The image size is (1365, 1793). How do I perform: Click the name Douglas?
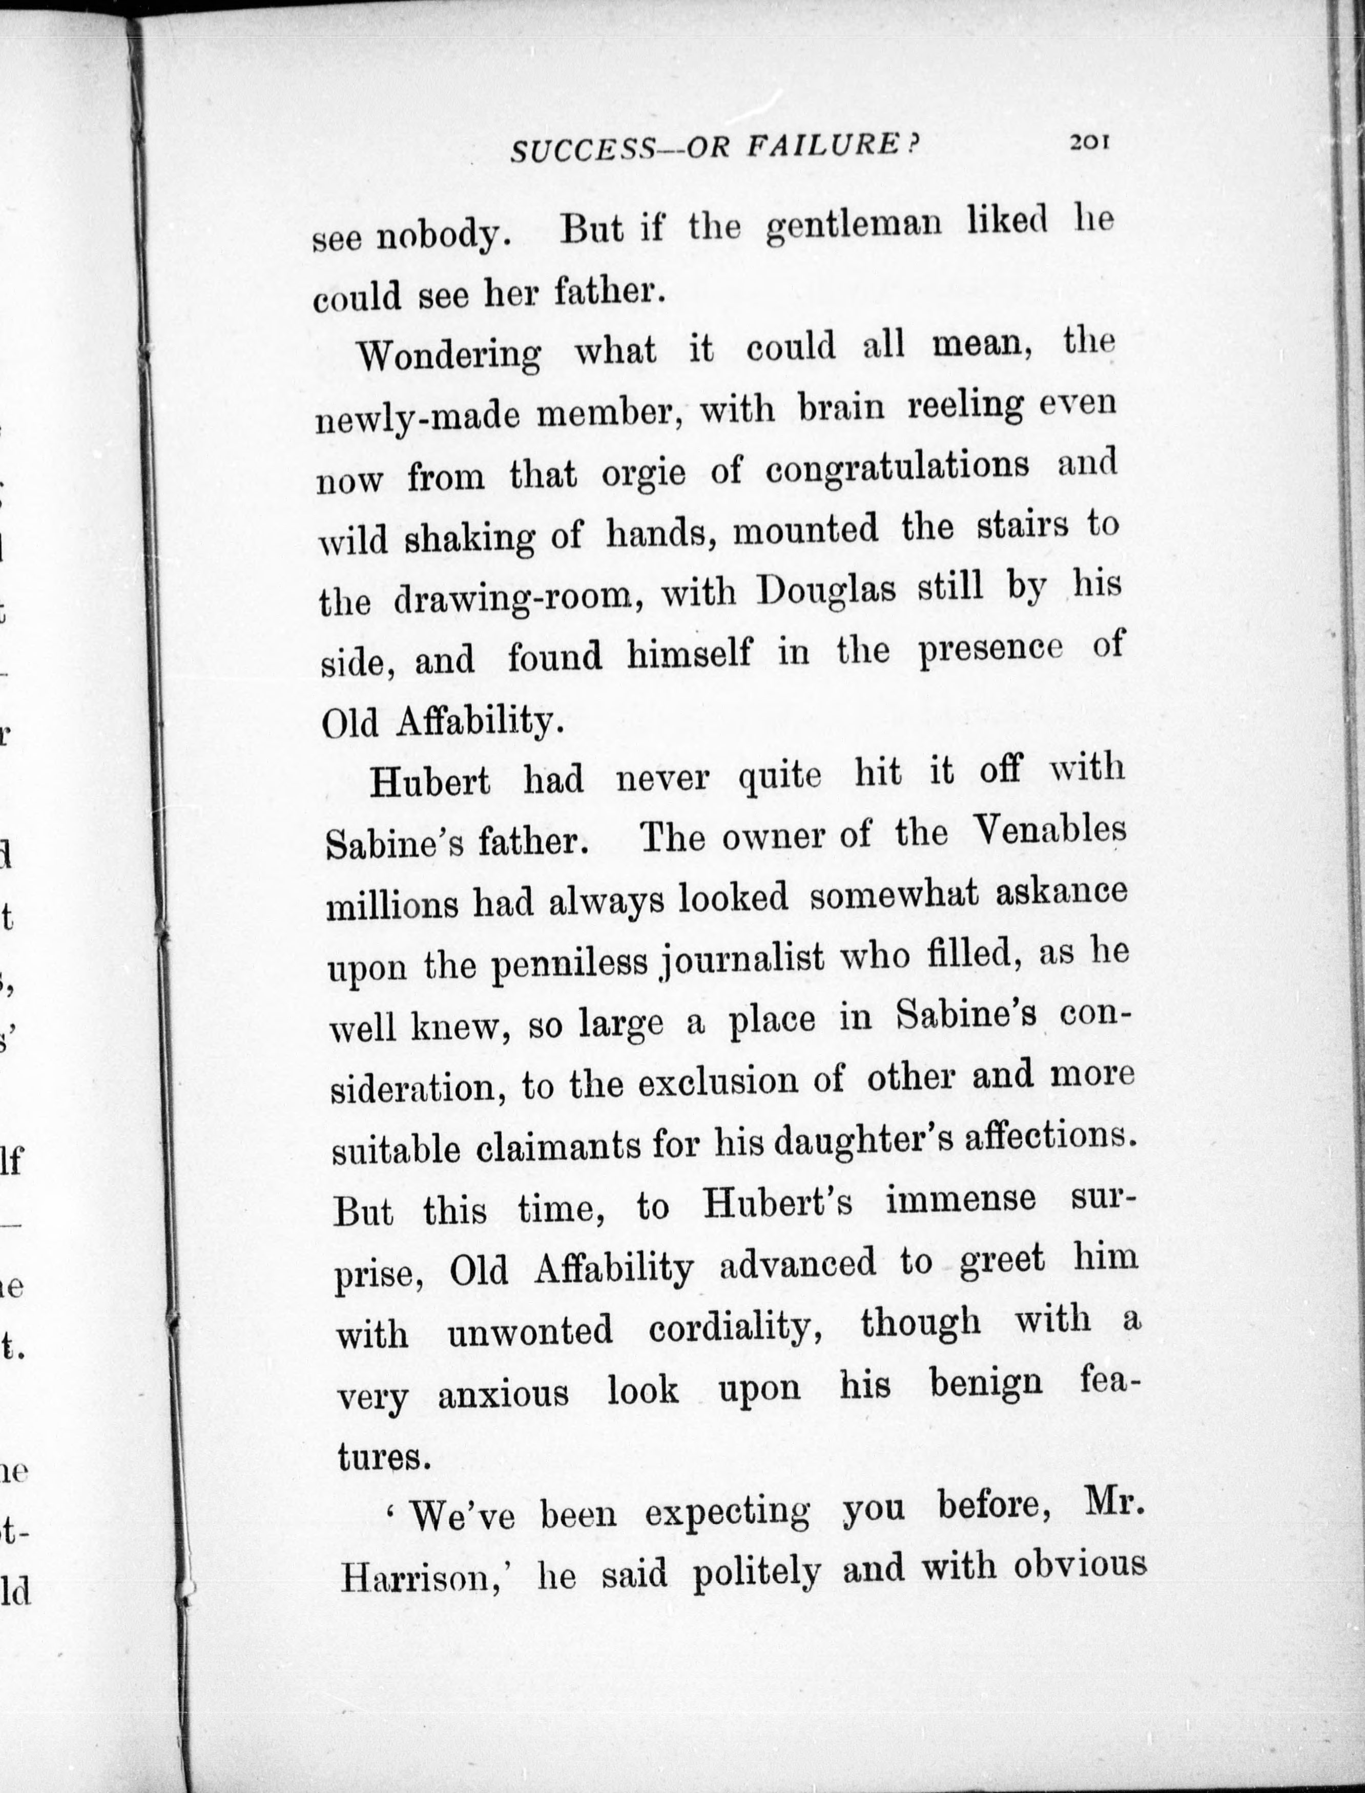826,591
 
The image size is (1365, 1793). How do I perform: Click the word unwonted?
530,1332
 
